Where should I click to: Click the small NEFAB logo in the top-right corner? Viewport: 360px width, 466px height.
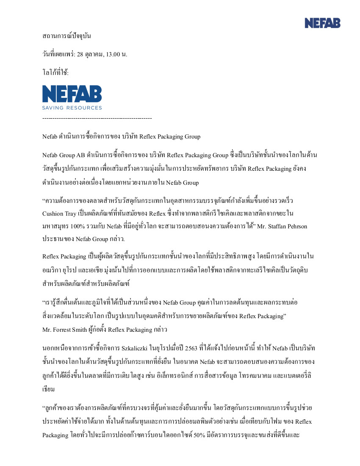click(x=322, y=23)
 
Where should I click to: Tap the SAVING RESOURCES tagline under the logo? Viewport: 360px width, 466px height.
click(x=72, y=108)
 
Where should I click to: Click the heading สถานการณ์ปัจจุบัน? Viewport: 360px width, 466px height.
click(x=66, y=36)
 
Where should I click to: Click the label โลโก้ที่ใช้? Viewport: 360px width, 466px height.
click(x=55, y=73)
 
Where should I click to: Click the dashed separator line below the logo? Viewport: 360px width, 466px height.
click(x=97, y=118)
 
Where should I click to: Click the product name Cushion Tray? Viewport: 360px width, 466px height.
click(x=59, y=213)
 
